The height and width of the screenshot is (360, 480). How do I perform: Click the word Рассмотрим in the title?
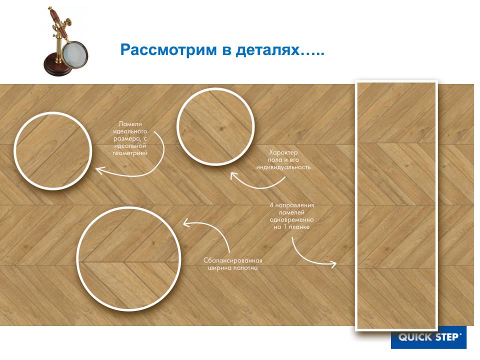pos(168,49)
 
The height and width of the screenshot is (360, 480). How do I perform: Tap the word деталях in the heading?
pos(267,50)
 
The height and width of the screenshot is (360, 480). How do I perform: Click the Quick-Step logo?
pos(429,337)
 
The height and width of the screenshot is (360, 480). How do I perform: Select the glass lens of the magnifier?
pos(74,55)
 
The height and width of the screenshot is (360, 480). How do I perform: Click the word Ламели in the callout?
pos(130,124)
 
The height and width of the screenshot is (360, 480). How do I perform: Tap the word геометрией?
pos(130,153)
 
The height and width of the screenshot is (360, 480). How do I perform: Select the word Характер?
pos(283,152)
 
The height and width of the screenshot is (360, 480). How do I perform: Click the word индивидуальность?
pos(283,167)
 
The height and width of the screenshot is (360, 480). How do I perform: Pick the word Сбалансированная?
pos(233,260)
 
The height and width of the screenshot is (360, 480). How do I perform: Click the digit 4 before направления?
pos(271,205)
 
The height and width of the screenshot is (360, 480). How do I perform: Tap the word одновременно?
pos(291,220)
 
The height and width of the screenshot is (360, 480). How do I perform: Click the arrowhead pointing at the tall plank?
pos(333,264)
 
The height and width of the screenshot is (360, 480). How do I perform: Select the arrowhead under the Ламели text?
pos(100,170)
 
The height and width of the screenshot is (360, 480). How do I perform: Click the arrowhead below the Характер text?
pos(234,175)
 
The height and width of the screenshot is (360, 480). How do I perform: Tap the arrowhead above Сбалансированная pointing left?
pos(186,223)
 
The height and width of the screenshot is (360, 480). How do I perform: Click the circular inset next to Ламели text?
pos(53,151)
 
